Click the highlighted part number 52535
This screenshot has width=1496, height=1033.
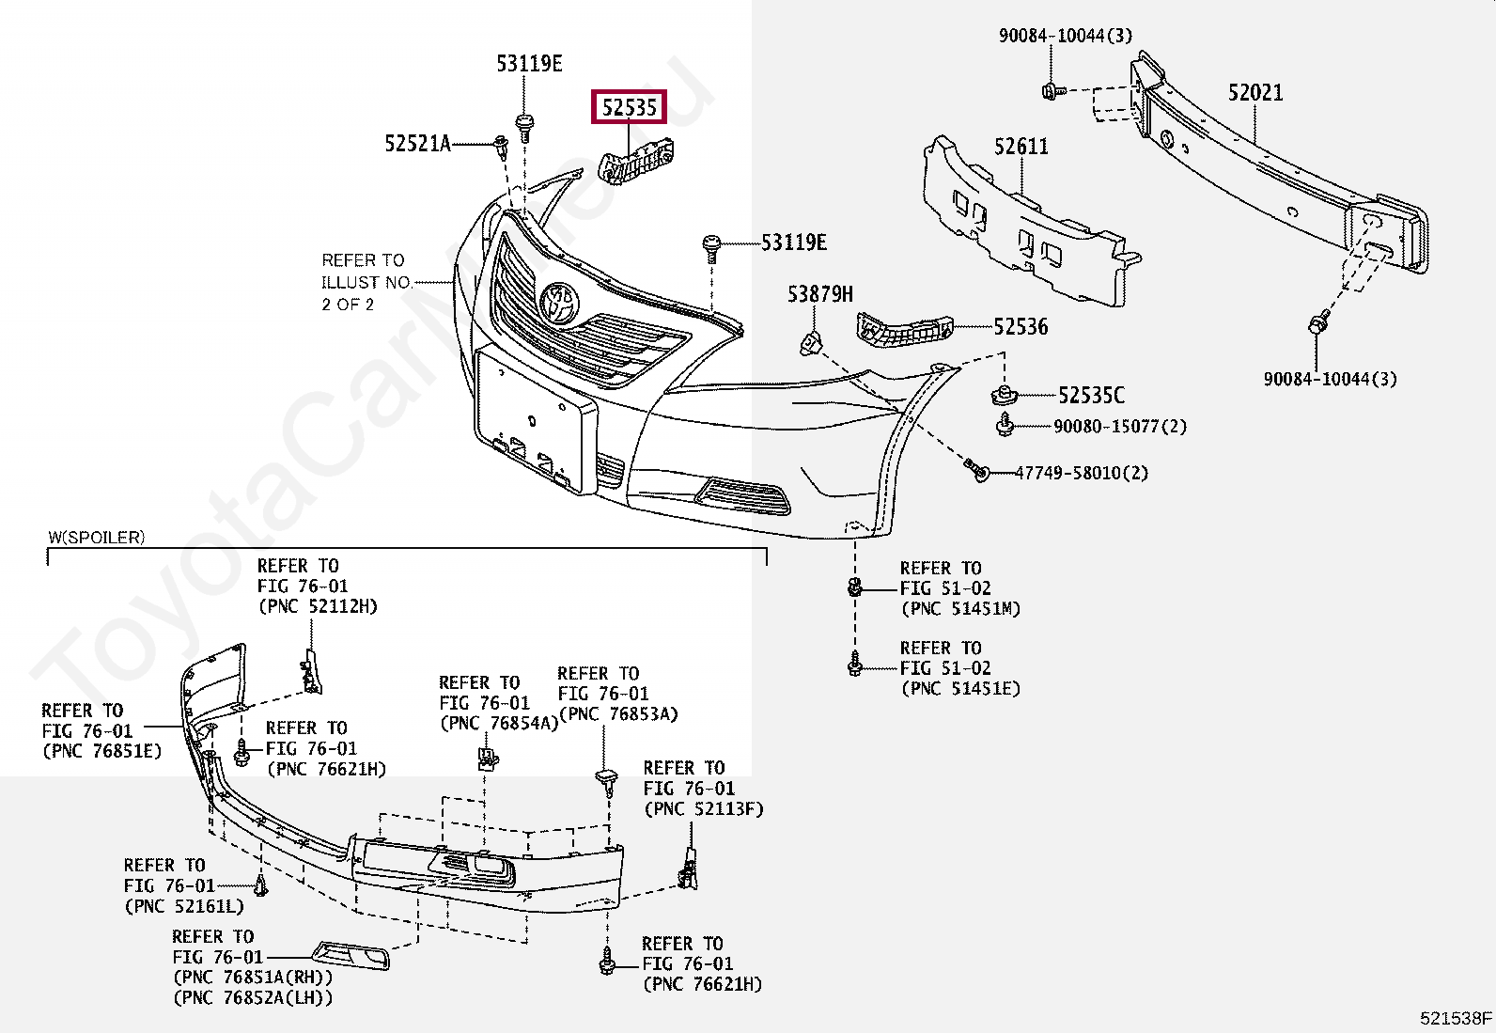(x=629, y=108)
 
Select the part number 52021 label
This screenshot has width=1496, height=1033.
(x=1255, y=92)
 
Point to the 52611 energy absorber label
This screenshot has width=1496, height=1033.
(x=1021, y=147)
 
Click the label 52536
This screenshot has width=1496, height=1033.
(x=1021, y=327)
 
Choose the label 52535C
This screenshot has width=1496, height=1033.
(x=1091, y=396)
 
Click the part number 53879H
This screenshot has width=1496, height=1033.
(x=819, y=295)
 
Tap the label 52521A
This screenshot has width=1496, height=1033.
(x=417, y=144)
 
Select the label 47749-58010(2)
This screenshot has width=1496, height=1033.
(x=1081, y=473)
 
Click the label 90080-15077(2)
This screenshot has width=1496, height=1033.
(x=1119, y=427)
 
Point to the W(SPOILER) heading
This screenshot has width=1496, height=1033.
(x=97, y=538)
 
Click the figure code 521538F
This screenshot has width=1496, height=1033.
(x=1456, y=1018)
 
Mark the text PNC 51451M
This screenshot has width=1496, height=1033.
(x=960, y=609)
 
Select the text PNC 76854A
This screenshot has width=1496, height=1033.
(x=498, y=723)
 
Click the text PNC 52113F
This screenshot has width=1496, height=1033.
(x=703, y=809)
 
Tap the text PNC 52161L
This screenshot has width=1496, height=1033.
(x=184, y=906)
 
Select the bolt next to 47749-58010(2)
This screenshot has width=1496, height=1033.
(x=978, y=470)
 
